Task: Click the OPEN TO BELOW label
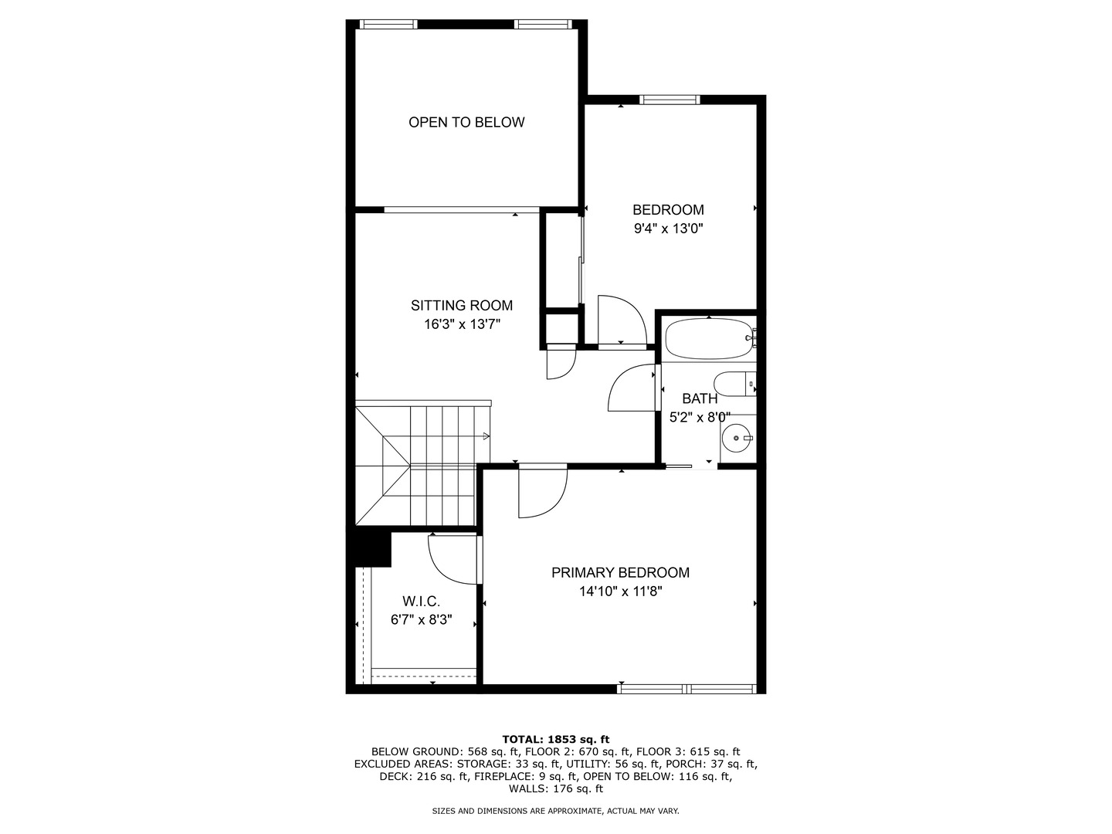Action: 466,122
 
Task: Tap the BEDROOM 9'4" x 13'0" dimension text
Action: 668,229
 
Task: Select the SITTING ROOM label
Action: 462,305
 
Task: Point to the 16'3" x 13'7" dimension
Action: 462,324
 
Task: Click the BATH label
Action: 700,398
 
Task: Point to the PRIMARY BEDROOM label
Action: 620,572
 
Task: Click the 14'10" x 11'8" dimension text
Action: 620,592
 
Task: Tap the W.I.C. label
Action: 421,601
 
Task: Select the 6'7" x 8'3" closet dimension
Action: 421,619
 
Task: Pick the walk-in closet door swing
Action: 452,558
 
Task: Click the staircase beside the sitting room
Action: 421,463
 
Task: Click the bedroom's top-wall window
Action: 670,99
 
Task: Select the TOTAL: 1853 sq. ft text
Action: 556,739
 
